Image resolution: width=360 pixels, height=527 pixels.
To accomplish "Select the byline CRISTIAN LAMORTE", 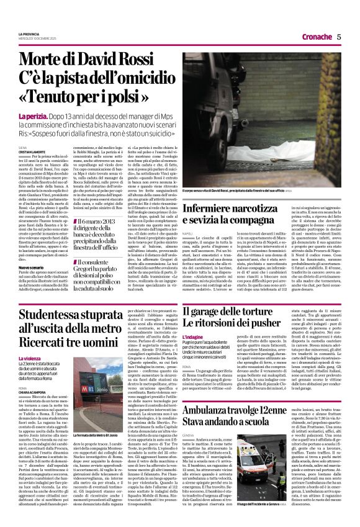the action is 32,152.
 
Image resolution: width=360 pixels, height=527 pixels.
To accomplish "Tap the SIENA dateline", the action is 23,147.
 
